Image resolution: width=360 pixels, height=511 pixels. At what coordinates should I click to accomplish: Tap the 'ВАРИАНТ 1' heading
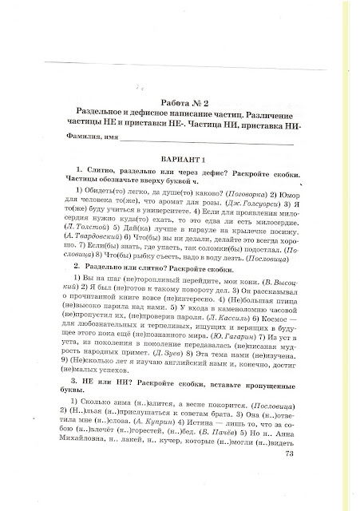click(x=182, y=157)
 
